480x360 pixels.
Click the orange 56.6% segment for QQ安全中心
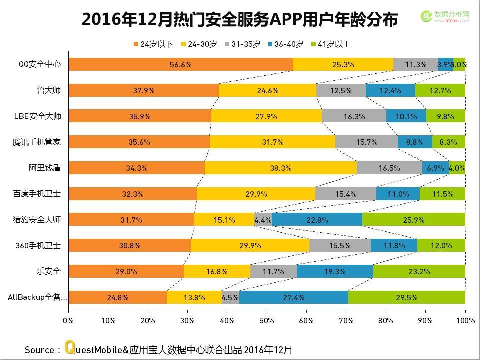(x=180, y=64)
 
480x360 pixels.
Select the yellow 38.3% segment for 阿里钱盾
(x=280, y=168)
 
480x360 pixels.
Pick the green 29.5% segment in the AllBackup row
(x=406, y=297)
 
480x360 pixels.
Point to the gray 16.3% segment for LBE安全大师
(x=354, y=116)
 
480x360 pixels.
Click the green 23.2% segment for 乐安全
(x=419, y=271)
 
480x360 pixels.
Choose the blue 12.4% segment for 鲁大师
(x=390, y=90)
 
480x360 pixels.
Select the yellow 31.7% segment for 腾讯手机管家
(x=272, y=142)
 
